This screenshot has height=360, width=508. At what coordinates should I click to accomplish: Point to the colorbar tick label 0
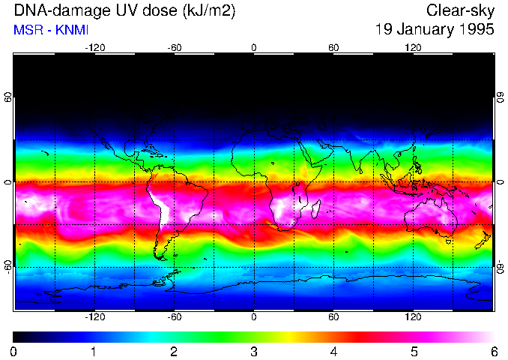(13, 351)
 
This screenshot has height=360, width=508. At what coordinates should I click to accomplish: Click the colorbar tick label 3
(253, 351)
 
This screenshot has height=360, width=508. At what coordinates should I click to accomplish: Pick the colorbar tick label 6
(493, 351)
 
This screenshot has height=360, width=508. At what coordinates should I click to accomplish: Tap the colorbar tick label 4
(333, 351)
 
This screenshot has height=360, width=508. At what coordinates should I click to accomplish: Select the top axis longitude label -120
(94, 48)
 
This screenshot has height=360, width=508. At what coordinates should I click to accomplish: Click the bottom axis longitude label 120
(413, 317)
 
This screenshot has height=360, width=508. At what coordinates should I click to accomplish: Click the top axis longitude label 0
(254, 48)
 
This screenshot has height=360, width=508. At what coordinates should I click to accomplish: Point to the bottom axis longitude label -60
(174, 317)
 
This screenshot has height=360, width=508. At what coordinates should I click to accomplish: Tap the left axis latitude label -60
(8, 267)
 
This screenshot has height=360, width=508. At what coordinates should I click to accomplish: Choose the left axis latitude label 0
(8, 182)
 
